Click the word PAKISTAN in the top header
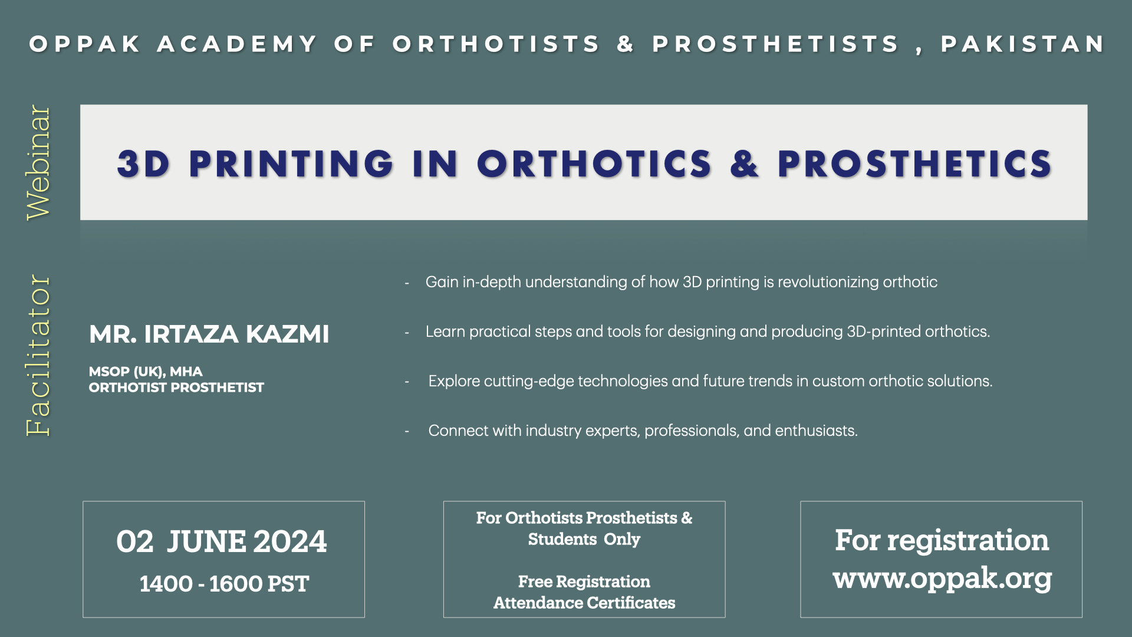1022,44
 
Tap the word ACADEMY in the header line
238,44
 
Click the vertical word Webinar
39,163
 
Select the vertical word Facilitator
39,355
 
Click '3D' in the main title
143,164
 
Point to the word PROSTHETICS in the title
914,164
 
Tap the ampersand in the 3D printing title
744,164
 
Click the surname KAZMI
287,334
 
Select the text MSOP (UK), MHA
146,372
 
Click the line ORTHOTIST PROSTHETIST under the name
176,388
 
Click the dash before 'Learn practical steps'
407,333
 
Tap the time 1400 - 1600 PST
224,584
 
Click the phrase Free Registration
584,582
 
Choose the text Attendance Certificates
584,603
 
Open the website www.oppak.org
942,578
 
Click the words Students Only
584,539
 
